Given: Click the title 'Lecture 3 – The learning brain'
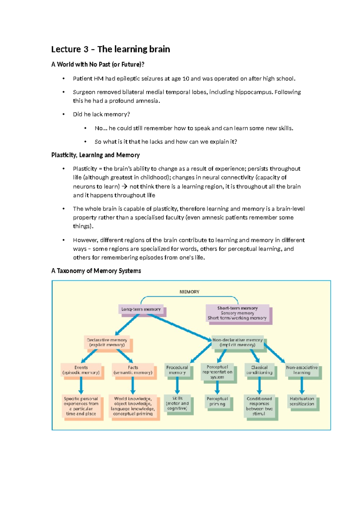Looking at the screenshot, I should [110, 49].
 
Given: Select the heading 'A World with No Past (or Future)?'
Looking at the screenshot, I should [98, 64].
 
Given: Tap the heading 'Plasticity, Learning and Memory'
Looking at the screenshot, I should [95, 155].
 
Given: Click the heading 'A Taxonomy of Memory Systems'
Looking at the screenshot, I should [96, 271].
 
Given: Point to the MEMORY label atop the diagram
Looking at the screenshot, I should [189, 292].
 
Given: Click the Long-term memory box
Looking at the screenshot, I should [141, 309].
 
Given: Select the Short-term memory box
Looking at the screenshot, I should [237, 313].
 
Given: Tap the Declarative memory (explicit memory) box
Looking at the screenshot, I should [107, 342].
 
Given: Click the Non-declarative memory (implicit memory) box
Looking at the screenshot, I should [237, 342].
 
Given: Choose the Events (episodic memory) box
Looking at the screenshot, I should [81, 370].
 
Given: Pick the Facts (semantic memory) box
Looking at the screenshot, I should [133, 370].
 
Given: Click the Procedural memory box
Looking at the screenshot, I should [177, 370].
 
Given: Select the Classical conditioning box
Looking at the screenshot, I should [259, 370].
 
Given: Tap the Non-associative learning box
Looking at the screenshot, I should [301, 370].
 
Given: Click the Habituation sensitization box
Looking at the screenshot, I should [302, 401].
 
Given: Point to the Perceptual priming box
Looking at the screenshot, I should [217, 401].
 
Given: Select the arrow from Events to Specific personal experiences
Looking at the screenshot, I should [81, 385].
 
